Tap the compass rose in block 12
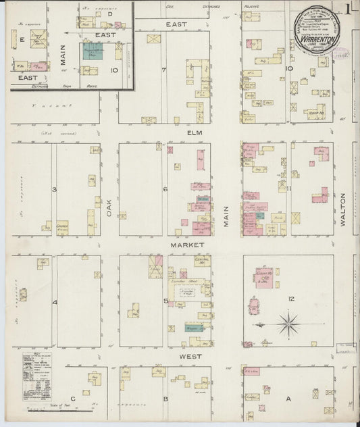[x=288, y=324]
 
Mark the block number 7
[x=163, y=69]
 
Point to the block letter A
[x=288, y=399]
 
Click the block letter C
[x=72, y=399]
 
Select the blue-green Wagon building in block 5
[x=194, y=328]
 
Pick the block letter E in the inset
[x=22, y=40]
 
